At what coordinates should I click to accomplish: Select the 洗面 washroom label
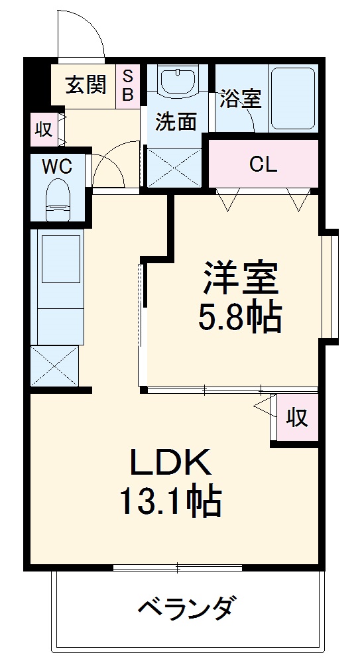tap(176, 121)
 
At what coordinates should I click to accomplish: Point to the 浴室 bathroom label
tap(240, 99)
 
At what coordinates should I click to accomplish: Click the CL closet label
tap(263, 164)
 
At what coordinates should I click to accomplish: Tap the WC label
tap(57, 166)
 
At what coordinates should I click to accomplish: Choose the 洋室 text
tap(239, 279)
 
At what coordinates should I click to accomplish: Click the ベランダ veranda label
tap(187, 607)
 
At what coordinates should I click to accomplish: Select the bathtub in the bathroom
tap(292, 97)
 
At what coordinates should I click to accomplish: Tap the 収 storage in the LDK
tap(296, 417)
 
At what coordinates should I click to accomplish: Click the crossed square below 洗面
tap(174, 167)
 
